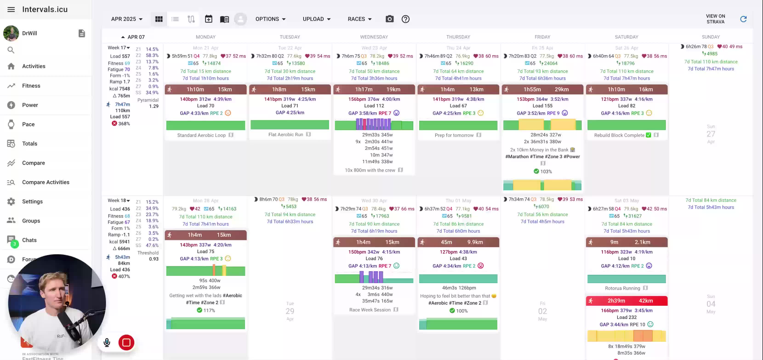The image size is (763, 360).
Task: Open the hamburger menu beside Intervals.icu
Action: pyautogui.click(x=11, y=9)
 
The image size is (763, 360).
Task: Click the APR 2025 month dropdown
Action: pyautogui.click(x=127, y=19)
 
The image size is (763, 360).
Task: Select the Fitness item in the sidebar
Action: pyautogui.click(x=31, y=86)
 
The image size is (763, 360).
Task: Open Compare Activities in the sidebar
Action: pyautogui.click(x=46, y=182)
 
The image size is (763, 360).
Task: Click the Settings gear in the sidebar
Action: pyautogui.click(x=11, y=201)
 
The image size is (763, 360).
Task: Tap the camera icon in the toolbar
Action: pyautogui.click(x=390, y=19)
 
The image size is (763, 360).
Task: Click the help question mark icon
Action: pyautogui.click(x=405, y=19)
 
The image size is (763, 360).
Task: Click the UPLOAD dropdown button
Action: pyautogui.click(x=316, y=19)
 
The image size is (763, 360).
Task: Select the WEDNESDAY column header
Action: pyautogui.click(x=374, y=37)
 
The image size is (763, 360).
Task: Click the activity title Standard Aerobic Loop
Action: pyautogui.click(x=201, y=135)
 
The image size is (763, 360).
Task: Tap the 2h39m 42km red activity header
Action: pyautogui.click(x=626, y=301)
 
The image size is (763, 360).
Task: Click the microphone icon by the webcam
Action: pyautogui.click(x=107, y=343)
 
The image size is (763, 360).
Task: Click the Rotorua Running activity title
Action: pyautogui.click(x=622, y=288)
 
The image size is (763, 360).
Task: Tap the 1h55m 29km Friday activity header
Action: pyautogui.click(x=542, y=89)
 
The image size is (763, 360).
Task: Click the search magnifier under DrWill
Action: pyautogui.click(x=11, y=50)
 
